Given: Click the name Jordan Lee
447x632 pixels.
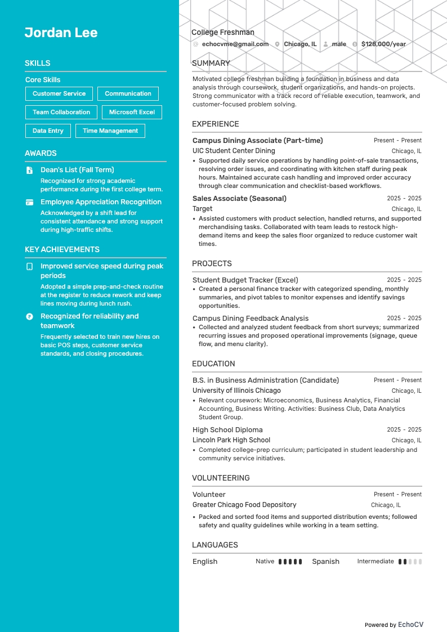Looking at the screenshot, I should pyautogui.click(x=61, y=33).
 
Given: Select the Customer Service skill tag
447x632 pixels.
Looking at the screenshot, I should pyautogui.click(x=59, y=94).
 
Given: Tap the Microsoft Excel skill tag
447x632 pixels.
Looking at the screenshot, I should pyautogui.click(x=132, y=112).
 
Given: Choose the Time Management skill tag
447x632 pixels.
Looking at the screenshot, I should pyautogui.click(x=110, y=131).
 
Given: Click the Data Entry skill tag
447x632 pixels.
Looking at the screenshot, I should pyautogui.click(x=48, y=131).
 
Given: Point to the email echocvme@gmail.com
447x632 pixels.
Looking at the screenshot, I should pyautogui.click(x=235, y=44).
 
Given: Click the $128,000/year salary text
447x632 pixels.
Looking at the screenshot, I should pyautogui.click(x=383, y=44).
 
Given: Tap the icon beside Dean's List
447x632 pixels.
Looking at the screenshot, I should pyautogui.click(x=30, y=170).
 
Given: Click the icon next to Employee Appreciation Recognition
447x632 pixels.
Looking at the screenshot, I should pyautogui.click(x=30, y=202).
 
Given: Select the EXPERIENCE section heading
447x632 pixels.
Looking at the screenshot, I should pyautogui.click(x=215, y=124).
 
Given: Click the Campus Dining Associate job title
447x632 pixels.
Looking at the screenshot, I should pyautogui.click(x=257, y=141).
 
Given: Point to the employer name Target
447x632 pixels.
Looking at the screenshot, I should pyautogui.click(x=202, y=209).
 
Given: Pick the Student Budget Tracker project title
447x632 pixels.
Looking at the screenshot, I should pyautogui.click(x=245, y=280).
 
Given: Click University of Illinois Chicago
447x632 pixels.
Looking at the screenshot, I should pyautogui.click(x=236, y=391).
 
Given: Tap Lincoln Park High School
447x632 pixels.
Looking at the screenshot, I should pyautogui.click(x=231, y=440).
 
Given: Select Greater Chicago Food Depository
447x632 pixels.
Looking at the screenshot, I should pyautogui.click(x=244, y=505).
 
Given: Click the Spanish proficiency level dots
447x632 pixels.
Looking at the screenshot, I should pyautogui.click(x=410, y=562).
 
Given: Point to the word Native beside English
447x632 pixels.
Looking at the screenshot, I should pyautogui.click(x=265, y=562).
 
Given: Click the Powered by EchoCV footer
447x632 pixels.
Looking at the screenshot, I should pyautogui.click(x=394, y=625).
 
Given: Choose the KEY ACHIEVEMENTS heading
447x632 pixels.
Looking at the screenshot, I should pyautogui.click(x=62, y=249).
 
